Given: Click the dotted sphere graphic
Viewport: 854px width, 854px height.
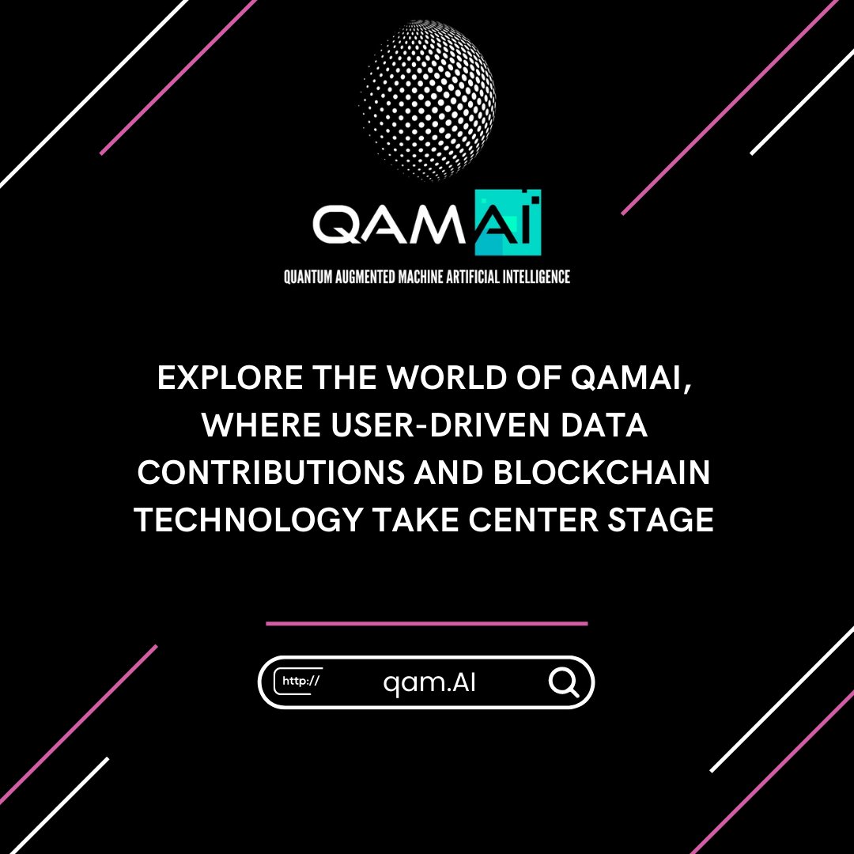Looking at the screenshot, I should (428, 98).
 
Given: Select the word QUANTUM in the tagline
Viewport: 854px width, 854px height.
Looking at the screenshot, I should (308, 277).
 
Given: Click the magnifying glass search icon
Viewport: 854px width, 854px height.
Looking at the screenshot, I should (564, 682).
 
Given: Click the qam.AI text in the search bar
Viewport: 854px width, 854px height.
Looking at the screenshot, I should (429, 682).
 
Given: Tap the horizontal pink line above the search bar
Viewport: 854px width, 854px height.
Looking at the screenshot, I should (427, 623).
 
